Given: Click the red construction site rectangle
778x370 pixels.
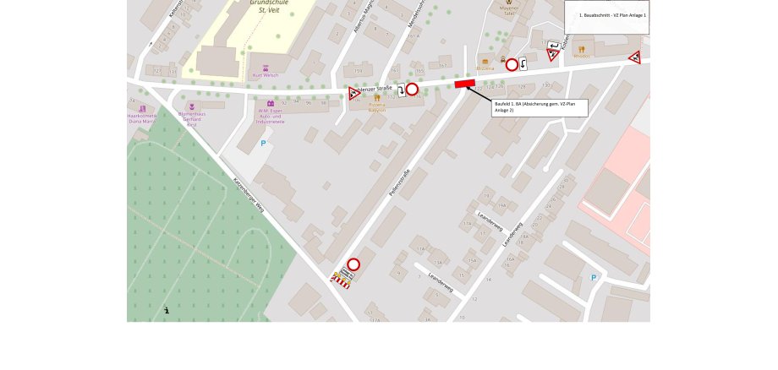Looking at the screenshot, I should tap(465, 84).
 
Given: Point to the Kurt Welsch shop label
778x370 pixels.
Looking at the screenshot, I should tap(266, 75).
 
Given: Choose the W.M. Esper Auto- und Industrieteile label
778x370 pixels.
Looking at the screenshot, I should tap(271, 115).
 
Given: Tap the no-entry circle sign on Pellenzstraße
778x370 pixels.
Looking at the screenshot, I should tap(353, 264).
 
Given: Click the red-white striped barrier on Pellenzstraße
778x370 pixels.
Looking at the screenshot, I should tap(341, 280).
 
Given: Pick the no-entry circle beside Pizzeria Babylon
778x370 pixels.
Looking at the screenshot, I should tap(412, 90).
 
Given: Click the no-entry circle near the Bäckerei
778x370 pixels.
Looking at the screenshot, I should tap(512, 65).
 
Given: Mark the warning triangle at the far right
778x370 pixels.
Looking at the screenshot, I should tap(634, 57).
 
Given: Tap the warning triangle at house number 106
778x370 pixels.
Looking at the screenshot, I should tap(354, 94).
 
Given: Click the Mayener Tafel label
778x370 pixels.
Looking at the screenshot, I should tap(508, 11).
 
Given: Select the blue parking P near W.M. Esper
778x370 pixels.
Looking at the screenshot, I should tap(263, 144).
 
